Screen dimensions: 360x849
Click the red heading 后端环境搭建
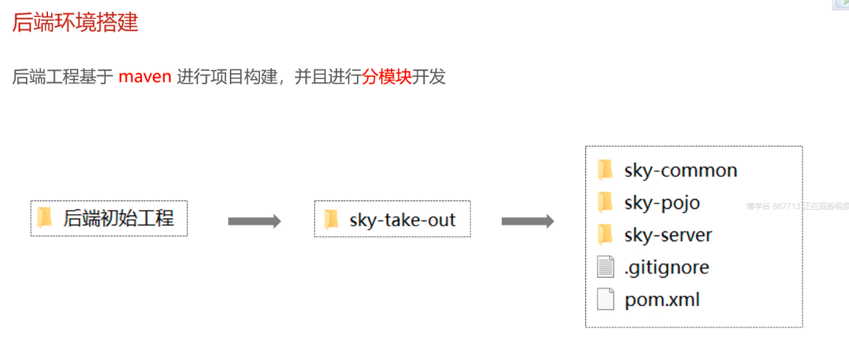pyautogui.click(x=75, y=22)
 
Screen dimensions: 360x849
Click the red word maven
pyautogui.click(x=145, y=76)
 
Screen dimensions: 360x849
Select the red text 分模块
pyautogui.click(x=386, y=76)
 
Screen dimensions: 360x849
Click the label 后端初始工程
pyautogui.click(x=118, y=218)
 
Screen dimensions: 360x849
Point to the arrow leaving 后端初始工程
pyautogui.click(x=254, y=221)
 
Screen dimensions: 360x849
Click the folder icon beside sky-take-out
pyautogui.click(x=331, y=219)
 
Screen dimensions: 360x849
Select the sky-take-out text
pyautogui.click(x=403, y=220)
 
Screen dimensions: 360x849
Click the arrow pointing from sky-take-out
pyautogui.click(x=528, y=221)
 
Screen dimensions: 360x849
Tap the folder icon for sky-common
pyautogui.click(x=605, y=170)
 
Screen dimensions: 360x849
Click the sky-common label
pyautogui.click(x=681, y=171)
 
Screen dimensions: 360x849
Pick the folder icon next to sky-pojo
pyautogui.click(x=605, y=202)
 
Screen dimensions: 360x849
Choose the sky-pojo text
pyautogui.click(x=662, y=203)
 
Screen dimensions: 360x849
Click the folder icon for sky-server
pyautogui.click(x=605, y=235)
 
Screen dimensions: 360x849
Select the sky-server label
pyautogui.click(x=668, y=235)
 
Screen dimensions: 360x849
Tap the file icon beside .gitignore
pyautogui.click(x=605, y=267)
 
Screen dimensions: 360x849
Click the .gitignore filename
pyautogui.click(x=666, y=268)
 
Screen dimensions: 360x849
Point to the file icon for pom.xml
pyautogui.click(x=605, y=299)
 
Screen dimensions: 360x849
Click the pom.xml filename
pyautogui.click(x=662, y=299)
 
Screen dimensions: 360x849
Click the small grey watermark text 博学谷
pyautogui.click(x=758, y=207)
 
